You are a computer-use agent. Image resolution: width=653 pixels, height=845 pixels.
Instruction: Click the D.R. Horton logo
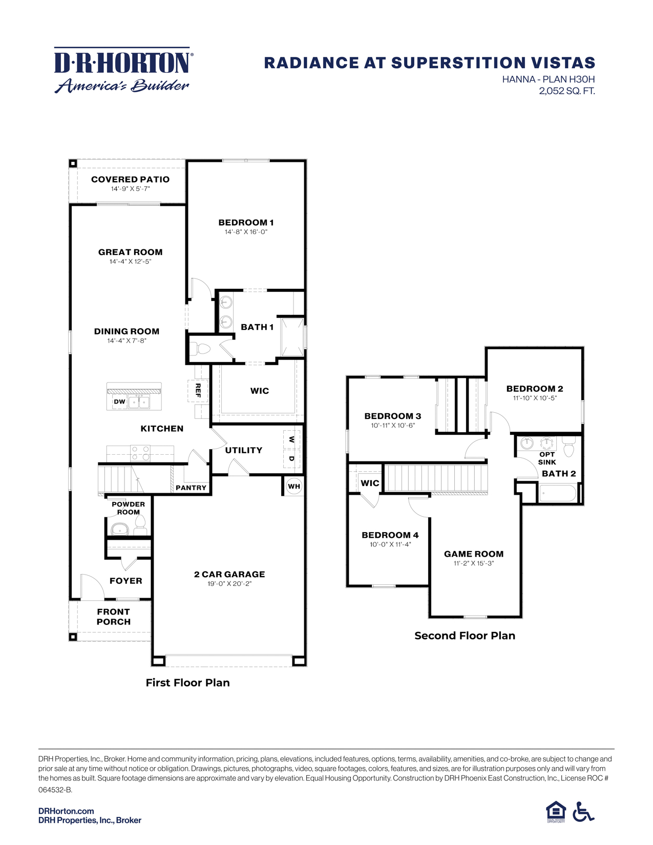click(x=123, y=70)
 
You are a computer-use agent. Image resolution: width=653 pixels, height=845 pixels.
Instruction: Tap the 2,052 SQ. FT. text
click(x=566, y=91)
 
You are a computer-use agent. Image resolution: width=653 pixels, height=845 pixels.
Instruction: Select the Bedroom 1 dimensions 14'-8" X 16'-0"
click(x=246, y=232)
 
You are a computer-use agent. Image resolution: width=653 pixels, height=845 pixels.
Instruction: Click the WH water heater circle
click(x=294, y=486)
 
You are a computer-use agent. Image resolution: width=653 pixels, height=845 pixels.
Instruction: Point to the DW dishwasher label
click(x=119, y=402)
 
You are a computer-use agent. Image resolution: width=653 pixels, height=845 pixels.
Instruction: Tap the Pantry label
click(x=191, y=488)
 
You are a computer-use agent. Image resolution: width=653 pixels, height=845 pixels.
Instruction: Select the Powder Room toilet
click(x=140, y=524)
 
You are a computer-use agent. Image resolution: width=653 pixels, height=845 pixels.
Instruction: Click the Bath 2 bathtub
click(x=557, y=493)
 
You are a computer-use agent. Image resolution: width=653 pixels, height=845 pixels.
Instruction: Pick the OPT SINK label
click(x=547, y=458)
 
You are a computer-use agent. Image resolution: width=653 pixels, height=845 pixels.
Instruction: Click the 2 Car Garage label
click(x=229, y=574)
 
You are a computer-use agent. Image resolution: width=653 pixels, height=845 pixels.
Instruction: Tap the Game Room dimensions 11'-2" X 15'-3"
click(x=474, y=563)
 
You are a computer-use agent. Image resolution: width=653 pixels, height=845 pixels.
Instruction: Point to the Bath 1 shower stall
click(x=293, y=336)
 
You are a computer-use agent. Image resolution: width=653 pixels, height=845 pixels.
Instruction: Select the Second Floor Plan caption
click(x=465, y=636)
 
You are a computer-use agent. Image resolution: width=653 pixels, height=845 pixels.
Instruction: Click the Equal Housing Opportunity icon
click(x=556, y=812)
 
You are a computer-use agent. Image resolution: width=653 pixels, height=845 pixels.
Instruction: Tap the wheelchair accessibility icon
click(x=583, y=812)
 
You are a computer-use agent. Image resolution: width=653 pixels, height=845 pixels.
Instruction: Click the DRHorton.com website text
click(x=66, y=811)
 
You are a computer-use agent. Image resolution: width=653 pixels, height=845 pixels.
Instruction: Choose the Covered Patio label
click(x=130, y=179)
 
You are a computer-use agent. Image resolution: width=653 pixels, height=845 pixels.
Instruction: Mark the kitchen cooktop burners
click(x=140, y=453)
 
